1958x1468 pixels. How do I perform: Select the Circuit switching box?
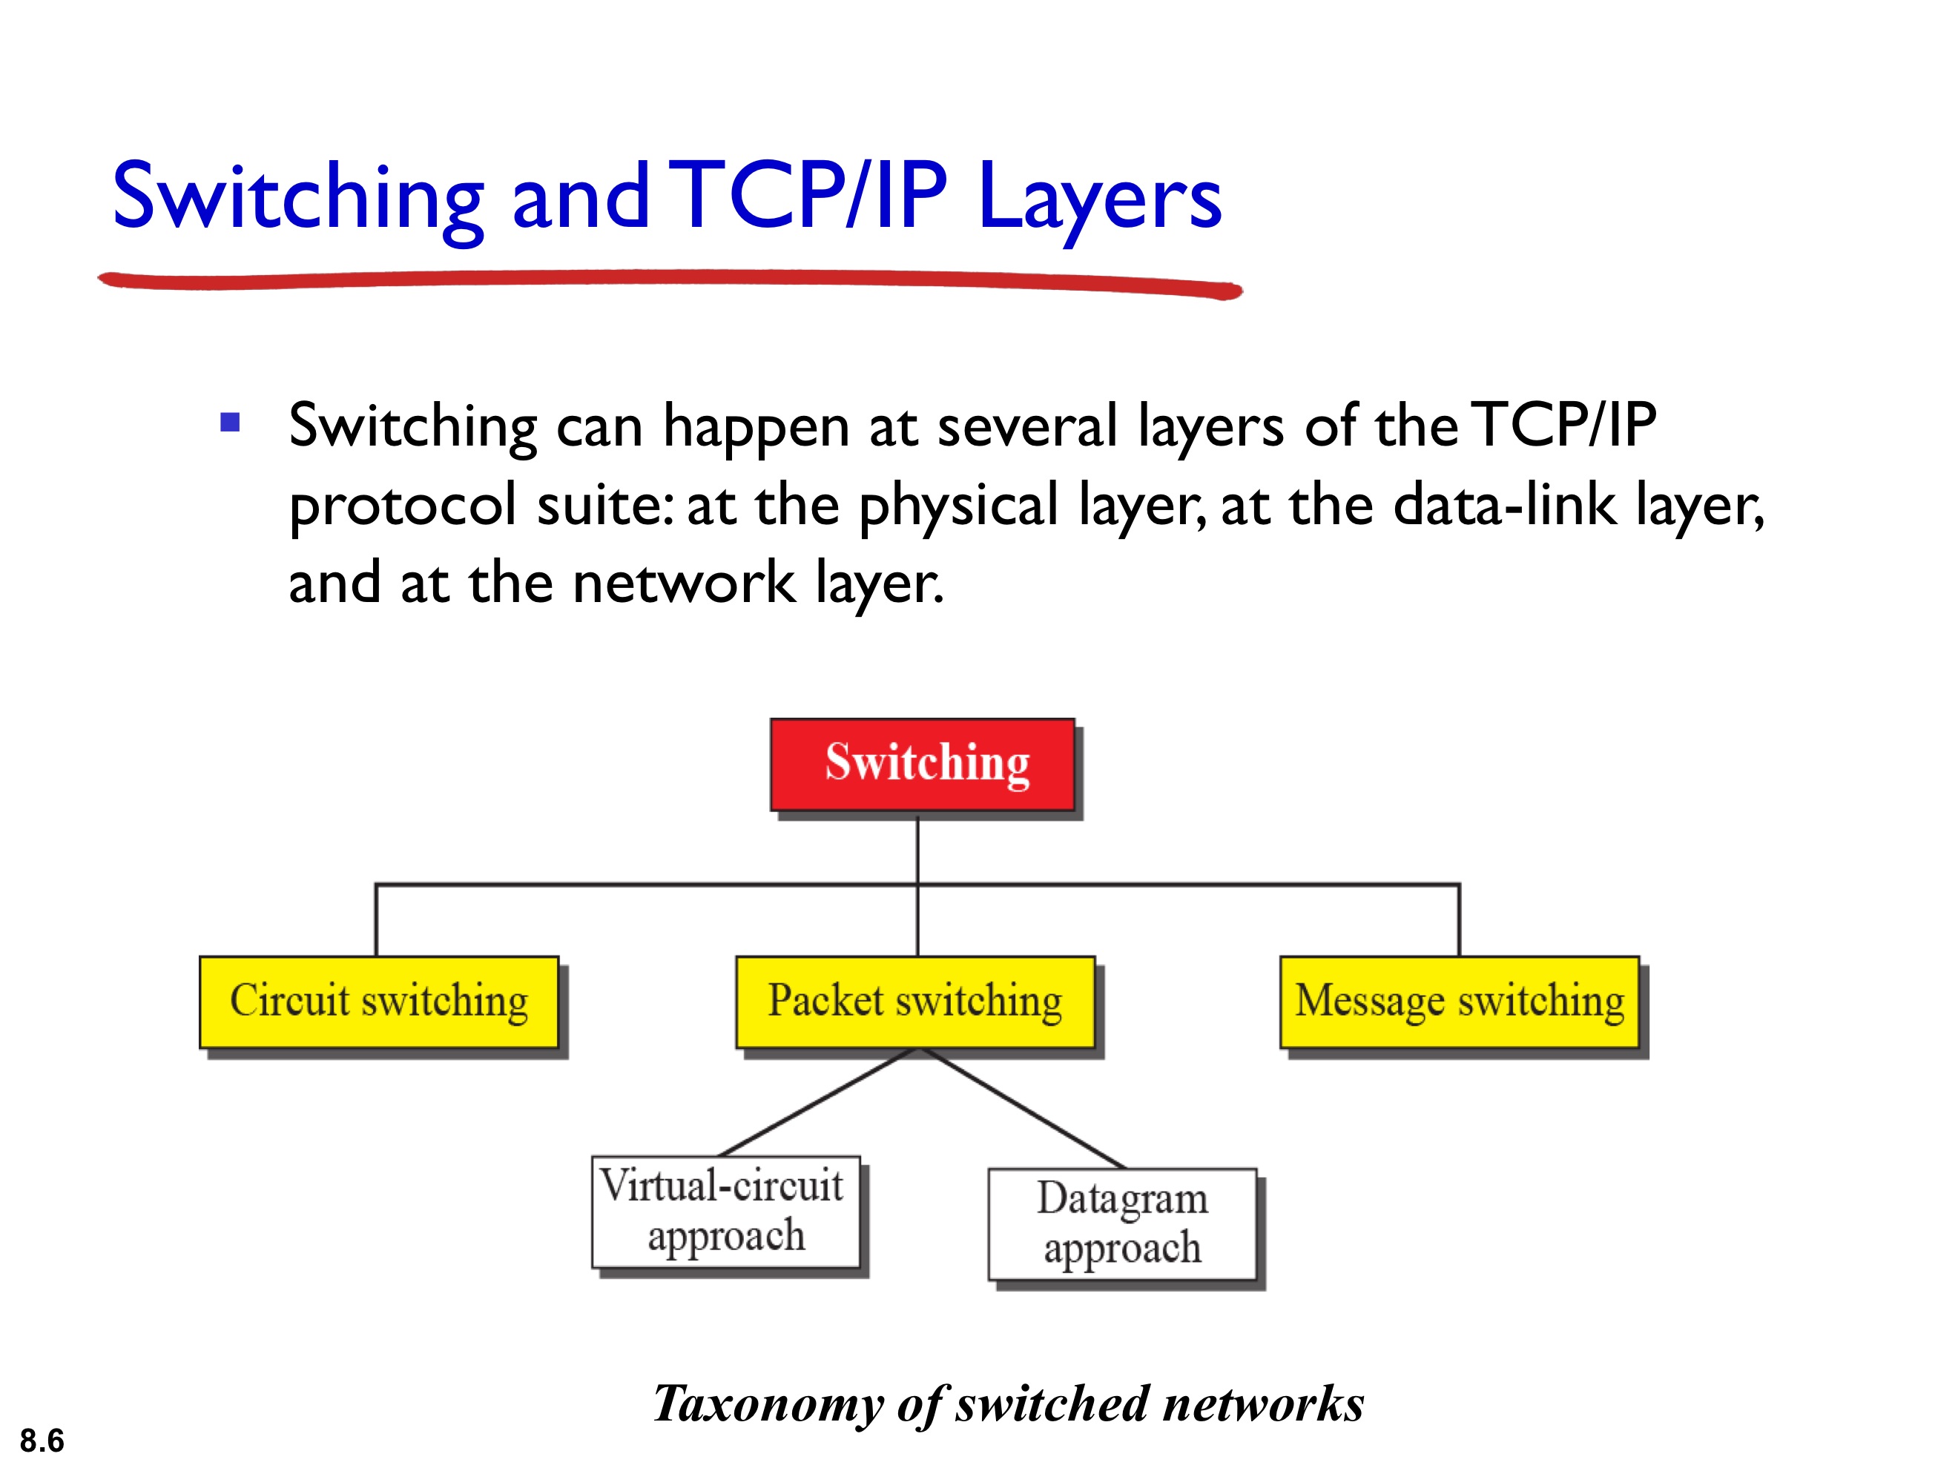379,1002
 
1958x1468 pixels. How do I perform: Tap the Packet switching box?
915,1002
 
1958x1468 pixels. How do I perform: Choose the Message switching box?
1459,1002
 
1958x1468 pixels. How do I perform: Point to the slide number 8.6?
42,1441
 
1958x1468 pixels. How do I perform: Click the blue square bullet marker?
230,422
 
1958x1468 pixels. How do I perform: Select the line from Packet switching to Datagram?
1022,1108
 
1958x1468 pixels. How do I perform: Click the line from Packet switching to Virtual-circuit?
819,1102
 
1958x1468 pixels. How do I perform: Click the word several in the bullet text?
1026,426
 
